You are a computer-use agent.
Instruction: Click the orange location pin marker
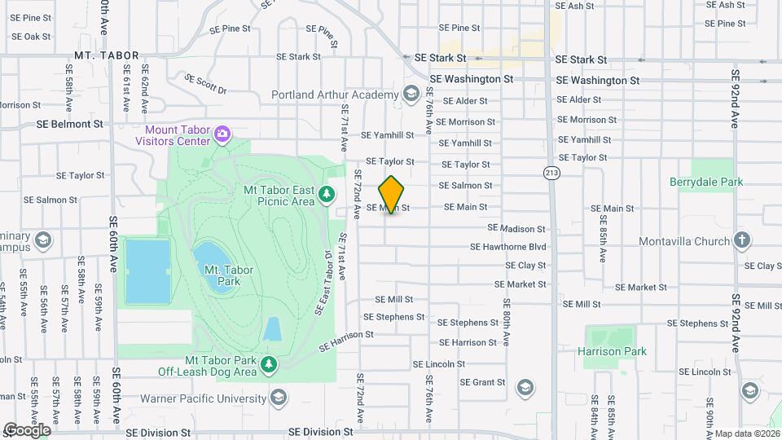click(x=391, y=195)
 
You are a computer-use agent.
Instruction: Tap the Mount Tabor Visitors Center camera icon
click(x=222, y=133)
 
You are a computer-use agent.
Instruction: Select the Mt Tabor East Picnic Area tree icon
click(x=327, y=194)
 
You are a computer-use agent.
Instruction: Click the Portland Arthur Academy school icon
click(x=413, y=95)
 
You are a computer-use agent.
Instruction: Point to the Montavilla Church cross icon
click(x=741, y=240)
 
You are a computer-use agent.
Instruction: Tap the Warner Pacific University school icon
click(x=279, y=398)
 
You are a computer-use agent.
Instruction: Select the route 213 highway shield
click(x=551, y=173)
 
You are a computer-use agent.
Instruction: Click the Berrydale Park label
click(x=705, y=182)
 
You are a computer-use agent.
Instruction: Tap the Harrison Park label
click(x=612, y=351)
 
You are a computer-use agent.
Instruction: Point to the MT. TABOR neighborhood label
click(x=106, y=55)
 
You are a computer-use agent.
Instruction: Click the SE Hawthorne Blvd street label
click(x=507, y=247)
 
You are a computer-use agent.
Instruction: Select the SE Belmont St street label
click(x=70, y=125)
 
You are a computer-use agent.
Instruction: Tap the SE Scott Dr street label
click(x=205, y=84)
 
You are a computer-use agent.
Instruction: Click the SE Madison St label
click(x=516, y=228)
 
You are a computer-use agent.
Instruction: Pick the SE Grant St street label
click(x=483, y=381)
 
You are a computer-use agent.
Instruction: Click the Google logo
click(x=26, y=429)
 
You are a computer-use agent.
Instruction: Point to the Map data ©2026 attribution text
click(x=747, y=433)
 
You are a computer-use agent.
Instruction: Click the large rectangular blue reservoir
click(x=147, y=271)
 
